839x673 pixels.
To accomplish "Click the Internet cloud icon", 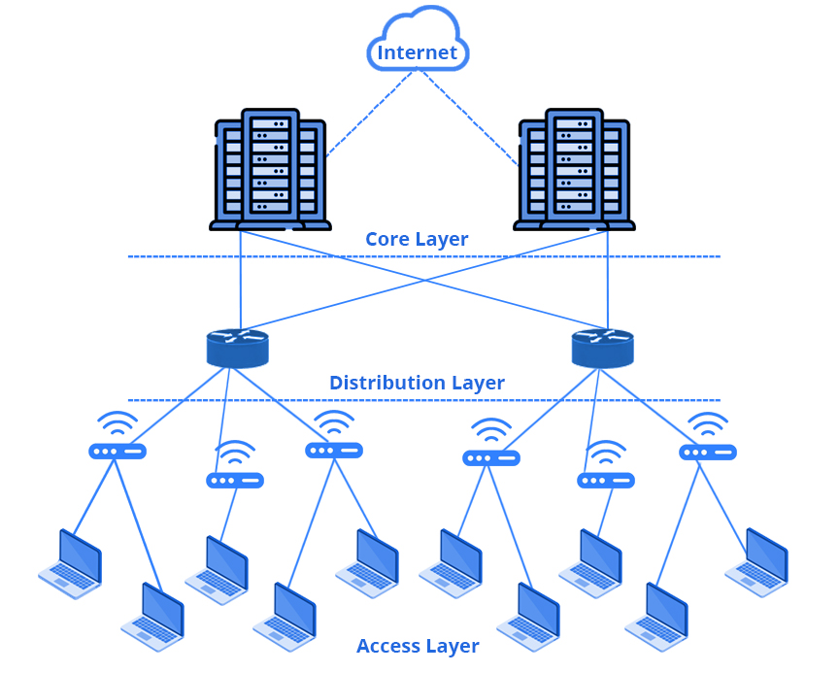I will coord(418,43).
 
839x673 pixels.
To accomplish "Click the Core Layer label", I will coord(417,239).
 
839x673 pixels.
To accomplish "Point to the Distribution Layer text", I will coord(417,383).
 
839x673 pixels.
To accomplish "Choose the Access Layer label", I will coord(418,646).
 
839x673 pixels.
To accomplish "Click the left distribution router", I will coord(237,348).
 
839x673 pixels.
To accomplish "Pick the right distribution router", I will coord(602,348).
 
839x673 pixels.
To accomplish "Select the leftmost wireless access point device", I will coord(117,451).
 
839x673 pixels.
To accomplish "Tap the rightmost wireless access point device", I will coord(708,452).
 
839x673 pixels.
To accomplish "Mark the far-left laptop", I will coord(71,563).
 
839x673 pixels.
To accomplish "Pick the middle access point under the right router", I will coord(606,480).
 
